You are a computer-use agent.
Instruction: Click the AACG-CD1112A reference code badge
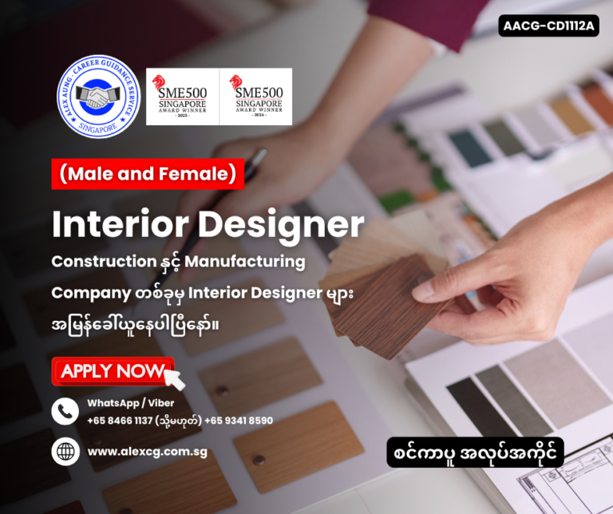coord(549,26)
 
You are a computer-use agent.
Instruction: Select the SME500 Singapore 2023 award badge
coord(181,97)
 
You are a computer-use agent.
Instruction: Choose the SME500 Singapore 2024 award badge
coord(256,97)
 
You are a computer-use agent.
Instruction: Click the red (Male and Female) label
coord(148,174)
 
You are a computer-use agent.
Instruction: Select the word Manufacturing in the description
coord(253,261)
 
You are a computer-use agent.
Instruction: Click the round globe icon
coord(65,451)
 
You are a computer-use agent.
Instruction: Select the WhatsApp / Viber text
coord(130,403)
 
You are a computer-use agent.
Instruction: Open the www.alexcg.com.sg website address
coord(148,452)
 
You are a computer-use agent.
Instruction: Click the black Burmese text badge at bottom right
coord(475,452)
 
